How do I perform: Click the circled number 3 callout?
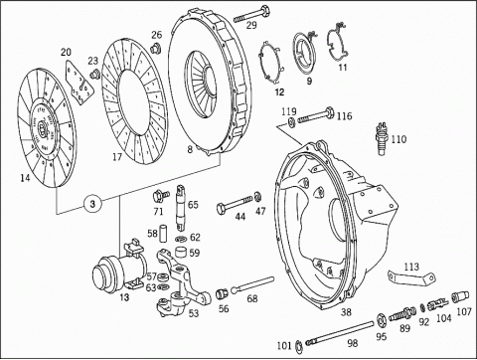click(92, 203)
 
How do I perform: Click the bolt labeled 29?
click(251, 14)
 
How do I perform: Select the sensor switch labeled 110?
click(382, 139)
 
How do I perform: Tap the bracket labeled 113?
click(411, 277)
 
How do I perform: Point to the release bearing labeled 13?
click(120, 267)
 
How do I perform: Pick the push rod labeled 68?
click(252, 284)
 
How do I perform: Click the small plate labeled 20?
click(79, 83)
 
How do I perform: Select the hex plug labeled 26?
click(155, 48)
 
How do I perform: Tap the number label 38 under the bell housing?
click(346, 311)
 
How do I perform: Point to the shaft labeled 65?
click(180, 207)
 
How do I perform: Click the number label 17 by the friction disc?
click(117, 156)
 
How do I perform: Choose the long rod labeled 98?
click(341, 333)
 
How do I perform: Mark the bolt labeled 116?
click(315, 115)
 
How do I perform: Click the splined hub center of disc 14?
click(43, 127)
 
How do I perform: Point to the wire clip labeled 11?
click(338, 42)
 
